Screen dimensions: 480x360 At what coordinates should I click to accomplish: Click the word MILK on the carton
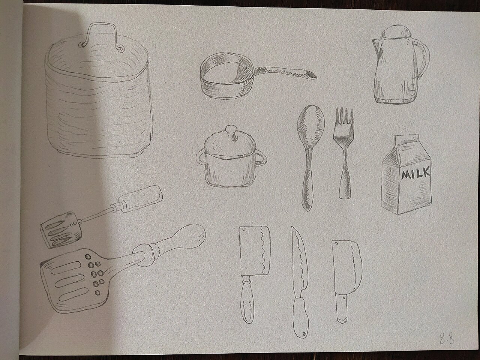(x=416, y=173)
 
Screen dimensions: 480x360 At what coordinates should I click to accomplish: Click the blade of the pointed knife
(x=300, y=262)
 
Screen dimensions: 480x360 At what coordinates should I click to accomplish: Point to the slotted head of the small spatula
(x=61, y=229)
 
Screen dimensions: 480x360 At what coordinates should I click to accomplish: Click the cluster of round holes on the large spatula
(x=96, y=273)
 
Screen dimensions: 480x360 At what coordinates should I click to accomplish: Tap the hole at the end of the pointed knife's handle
(x=304, y=333)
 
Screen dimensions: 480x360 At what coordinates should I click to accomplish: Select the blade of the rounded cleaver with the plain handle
(x=346, y=267)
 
